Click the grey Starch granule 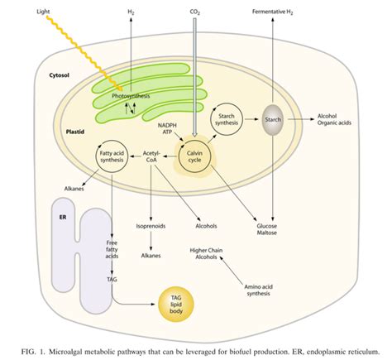[273, 120]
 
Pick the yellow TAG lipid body [176, 305]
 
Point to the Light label [43, 12]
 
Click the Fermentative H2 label [273, 12]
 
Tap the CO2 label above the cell [195, 12]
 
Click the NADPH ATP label [167, 128]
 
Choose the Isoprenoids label [151, 226]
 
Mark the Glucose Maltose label [267, 229]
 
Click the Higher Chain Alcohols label [206, 253]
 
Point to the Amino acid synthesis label [258, 290]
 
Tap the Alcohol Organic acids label [334, 119]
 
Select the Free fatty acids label [112, 249]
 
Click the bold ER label [63, 217]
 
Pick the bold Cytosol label [60, 75]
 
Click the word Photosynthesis [131, 96]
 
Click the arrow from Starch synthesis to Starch [251, 119]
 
